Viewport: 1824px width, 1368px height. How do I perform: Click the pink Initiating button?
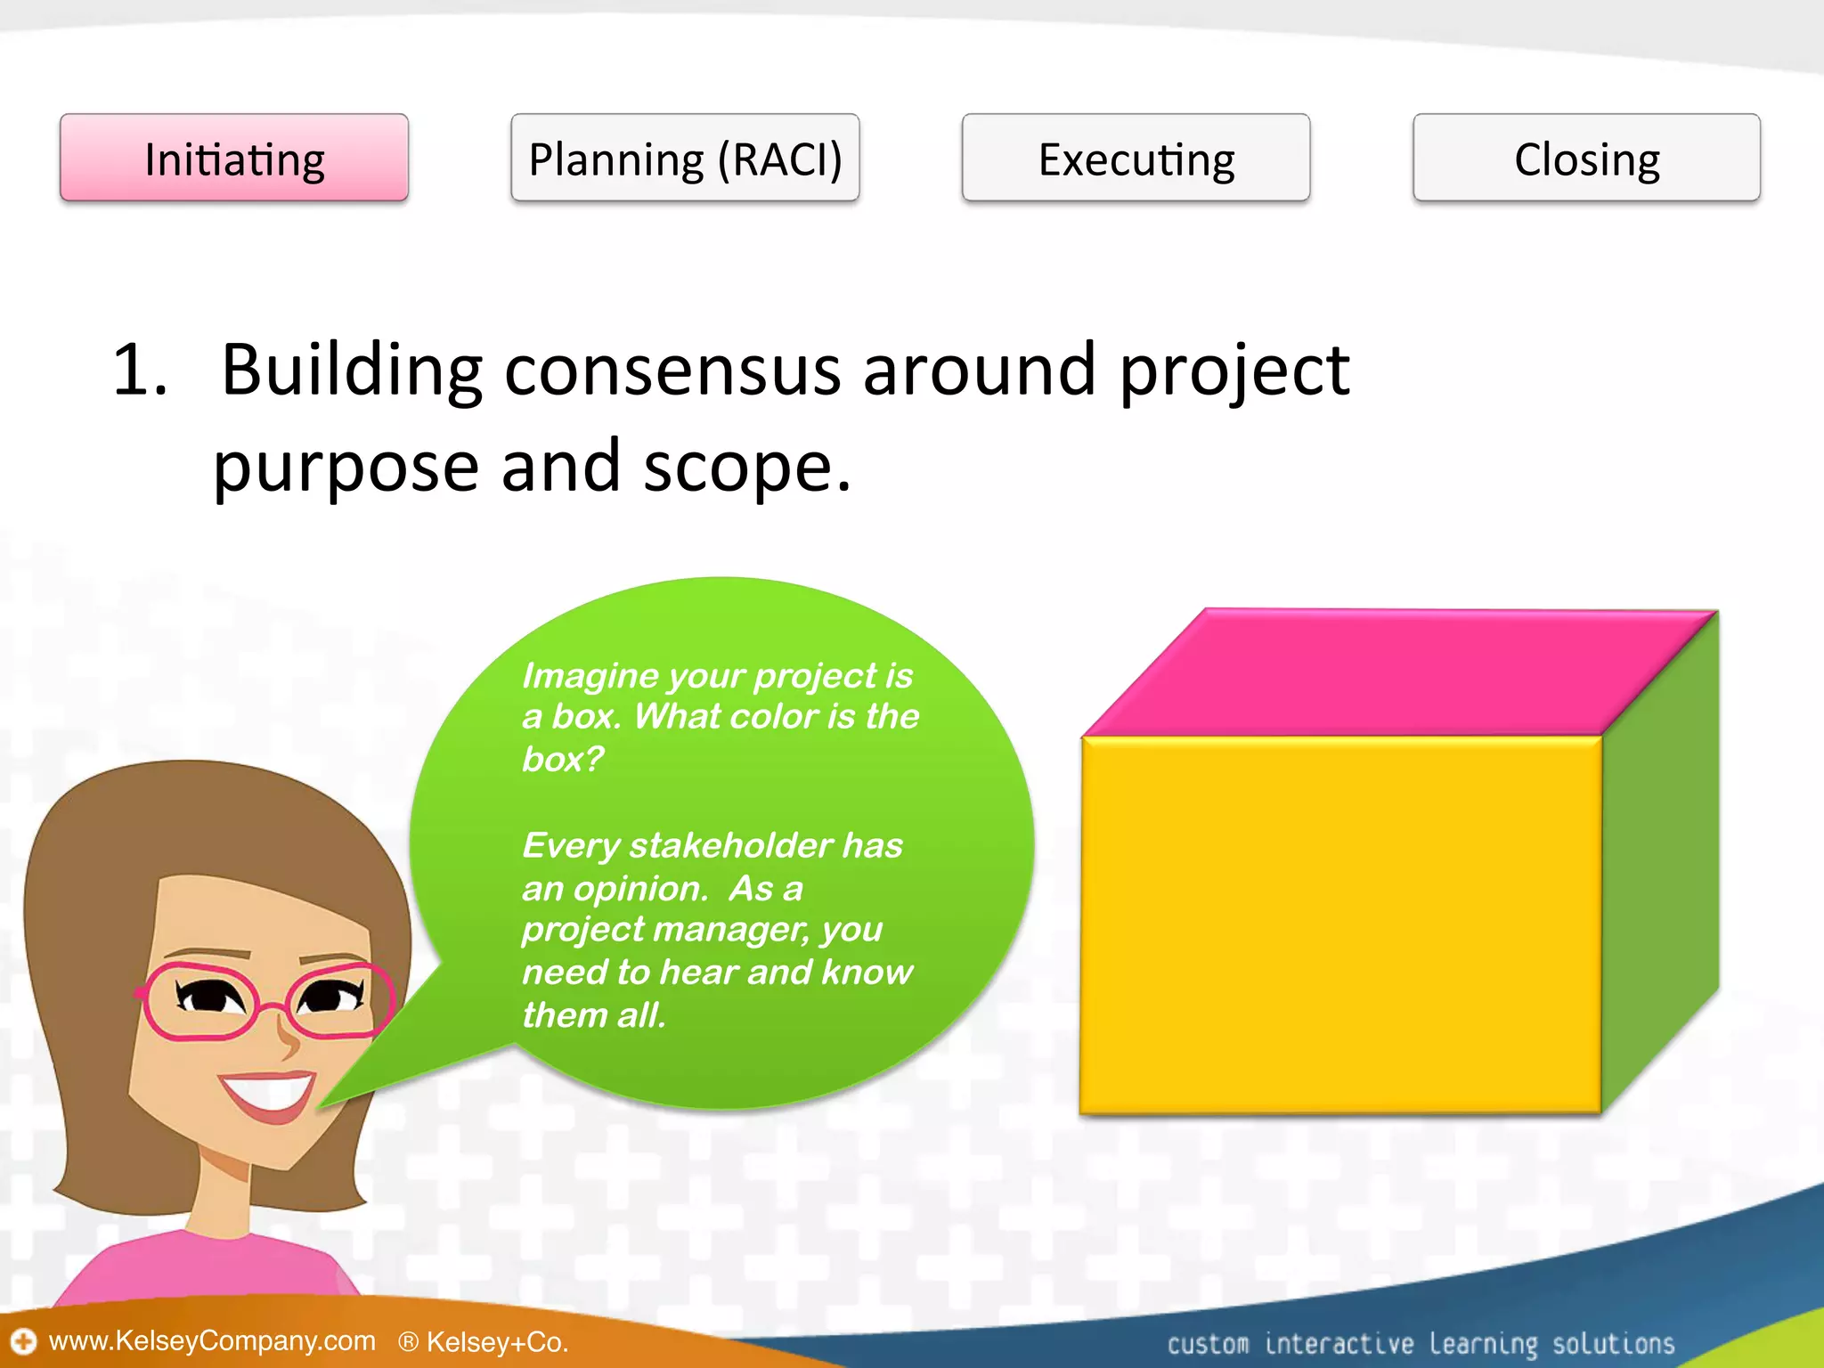pos(234,159)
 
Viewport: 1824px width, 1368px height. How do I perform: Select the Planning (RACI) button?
pos(685,159)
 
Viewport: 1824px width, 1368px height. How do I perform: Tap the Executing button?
pos(1136,159)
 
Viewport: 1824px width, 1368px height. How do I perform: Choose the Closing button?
pos(1586,159)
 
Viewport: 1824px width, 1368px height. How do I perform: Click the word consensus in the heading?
pos(672,370)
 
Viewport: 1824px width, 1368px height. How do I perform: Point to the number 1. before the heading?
pos(140,370)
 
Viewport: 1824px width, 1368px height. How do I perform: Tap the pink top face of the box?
pos(1398,672)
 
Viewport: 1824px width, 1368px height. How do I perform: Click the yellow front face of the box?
pos(1340,926)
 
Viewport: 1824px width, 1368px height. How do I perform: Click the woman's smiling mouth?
pos(267,1094)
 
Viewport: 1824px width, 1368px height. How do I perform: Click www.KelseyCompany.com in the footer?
pos(212,1340)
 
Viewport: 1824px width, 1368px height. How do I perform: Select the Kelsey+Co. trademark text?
pos(495,1342)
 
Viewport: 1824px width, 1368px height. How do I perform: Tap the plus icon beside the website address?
pos(22,1341)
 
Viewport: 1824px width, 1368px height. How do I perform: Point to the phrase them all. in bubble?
pos(594,1015)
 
